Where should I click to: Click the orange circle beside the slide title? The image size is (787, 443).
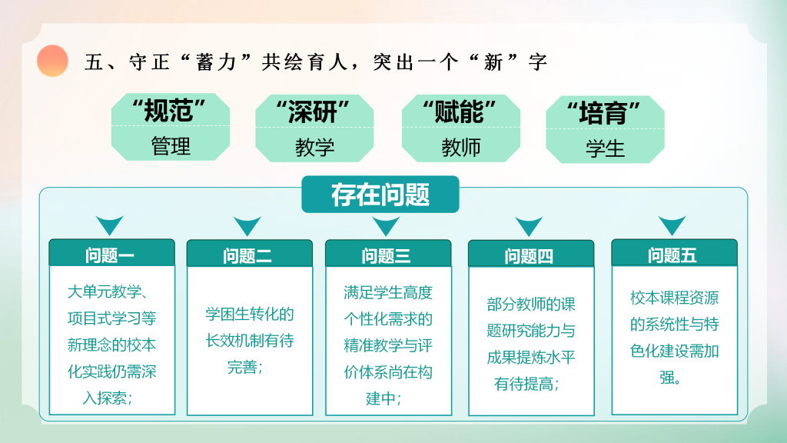point(52,61)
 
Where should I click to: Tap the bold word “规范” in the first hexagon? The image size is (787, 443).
point(168,111)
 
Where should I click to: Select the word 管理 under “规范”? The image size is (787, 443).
point(171,146)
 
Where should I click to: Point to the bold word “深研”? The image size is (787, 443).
point(313,112)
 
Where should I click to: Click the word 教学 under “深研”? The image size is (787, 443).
point(314,147)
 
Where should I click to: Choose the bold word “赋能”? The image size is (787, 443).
point(460,112)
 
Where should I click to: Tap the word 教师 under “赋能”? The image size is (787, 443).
point(461,147)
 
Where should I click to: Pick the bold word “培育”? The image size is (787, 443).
point(603,112)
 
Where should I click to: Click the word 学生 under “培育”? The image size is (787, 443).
point(606,148)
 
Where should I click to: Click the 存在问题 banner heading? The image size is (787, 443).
point(380,195)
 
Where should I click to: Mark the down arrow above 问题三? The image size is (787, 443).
point(386,225)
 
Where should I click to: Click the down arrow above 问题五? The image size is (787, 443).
point(672,225)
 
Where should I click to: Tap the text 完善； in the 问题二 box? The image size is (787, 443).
point(245,367)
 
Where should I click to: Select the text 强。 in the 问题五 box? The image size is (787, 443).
point(670,377)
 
